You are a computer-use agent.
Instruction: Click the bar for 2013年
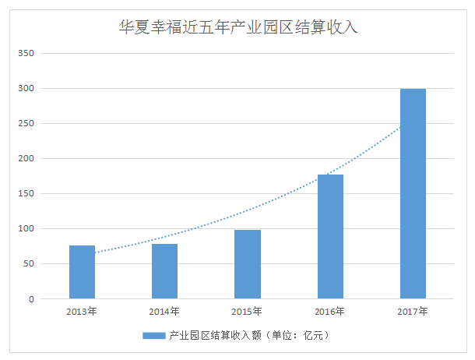[x=82, y=272]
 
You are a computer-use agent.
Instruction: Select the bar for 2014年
[x=164, y=271]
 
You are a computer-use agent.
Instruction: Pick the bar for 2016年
[x=330, y=236]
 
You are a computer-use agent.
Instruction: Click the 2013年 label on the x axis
[x=82, y=312]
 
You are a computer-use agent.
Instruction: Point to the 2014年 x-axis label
[x=164, y=312]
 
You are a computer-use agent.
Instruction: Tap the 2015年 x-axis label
[x=248, y=312]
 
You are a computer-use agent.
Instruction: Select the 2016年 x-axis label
[x=330, y=312]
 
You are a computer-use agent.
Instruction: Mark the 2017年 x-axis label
[x=413, y=312]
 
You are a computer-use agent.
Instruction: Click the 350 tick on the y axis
[x=26, y=54]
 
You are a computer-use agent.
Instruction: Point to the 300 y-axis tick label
[x=26, y=89]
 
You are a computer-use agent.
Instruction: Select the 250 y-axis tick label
[x=26, y=124]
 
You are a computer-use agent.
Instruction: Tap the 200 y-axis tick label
[x=26, y=159]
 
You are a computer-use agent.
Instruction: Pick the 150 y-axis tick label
[x=26, y=194]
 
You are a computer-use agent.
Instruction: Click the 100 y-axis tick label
[x=26, y=229]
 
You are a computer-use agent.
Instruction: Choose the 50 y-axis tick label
[x=29, y=264]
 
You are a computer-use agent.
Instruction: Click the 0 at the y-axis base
[x=31, y=299]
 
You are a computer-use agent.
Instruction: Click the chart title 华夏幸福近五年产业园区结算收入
[x=237, y=27]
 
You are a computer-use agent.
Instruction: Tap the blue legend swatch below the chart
[x=153, y=336]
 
